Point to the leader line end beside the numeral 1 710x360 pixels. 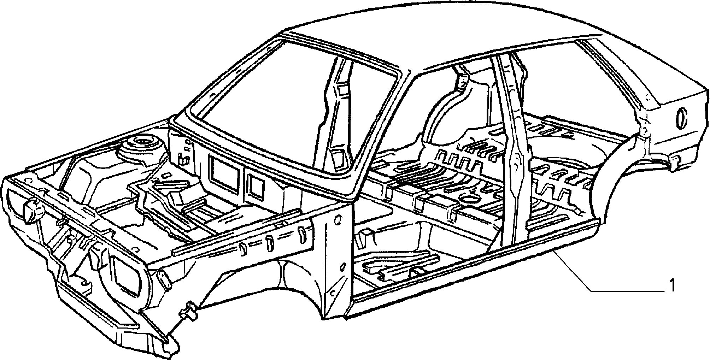tap(663, 291)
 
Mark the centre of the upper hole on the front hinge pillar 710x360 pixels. tap(338, 220)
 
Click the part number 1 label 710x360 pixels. tap(673, 285)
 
